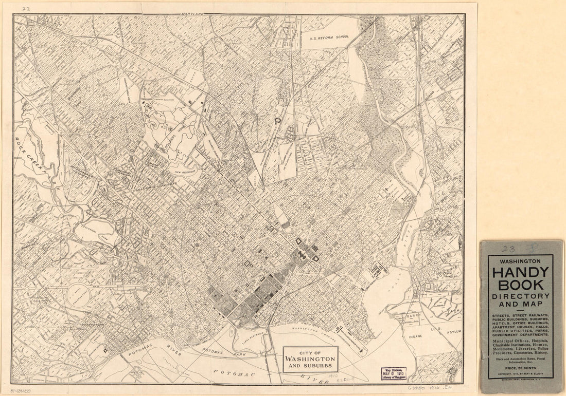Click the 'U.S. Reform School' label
point(329,37)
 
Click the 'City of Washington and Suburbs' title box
point(310,360)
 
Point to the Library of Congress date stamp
point(394,373)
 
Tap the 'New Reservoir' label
point(185,173)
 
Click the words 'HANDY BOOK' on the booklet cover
point(520,279)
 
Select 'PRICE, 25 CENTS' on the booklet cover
point(520,368)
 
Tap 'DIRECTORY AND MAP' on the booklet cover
point(520,301)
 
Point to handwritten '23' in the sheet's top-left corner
point(26,8)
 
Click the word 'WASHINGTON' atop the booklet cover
point(520,260)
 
